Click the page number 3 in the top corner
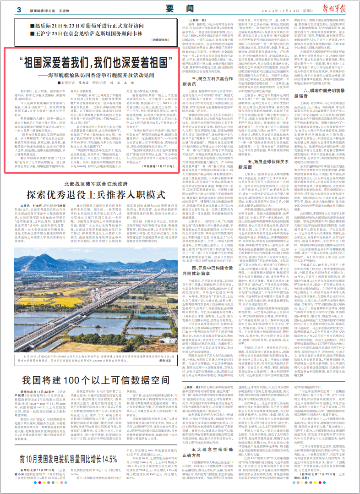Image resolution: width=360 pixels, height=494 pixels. click(19, 10)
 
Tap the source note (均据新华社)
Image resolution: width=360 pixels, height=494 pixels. click(167, 40)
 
